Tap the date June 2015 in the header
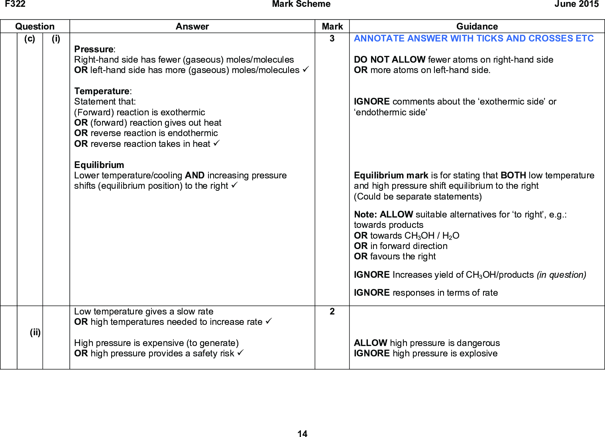(x=576, y=4)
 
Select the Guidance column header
(x=477, y=26)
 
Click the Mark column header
(x=332, y=26)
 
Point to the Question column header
(x=35, y=26)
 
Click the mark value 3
(x=332, y=39)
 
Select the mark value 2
(x=332, y=312)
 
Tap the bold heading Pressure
(x=94, y=49)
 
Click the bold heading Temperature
(x=102, y=91)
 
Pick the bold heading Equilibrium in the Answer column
(x=99, y=165)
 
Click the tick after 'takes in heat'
(x=216, y=143)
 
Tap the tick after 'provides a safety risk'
(x=240, y=353)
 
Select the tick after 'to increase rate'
(x=269, y=321)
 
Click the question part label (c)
(x=29, y=39)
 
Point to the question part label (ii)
(x=35, y=332)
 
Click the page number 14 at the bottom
(x=302, y=434)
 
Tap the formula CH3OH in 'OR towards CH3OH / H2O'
(x=419, y=236)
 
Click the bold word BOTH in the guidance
(x=513, y=176)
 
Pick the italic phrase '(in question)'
(x=561, y=275)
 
